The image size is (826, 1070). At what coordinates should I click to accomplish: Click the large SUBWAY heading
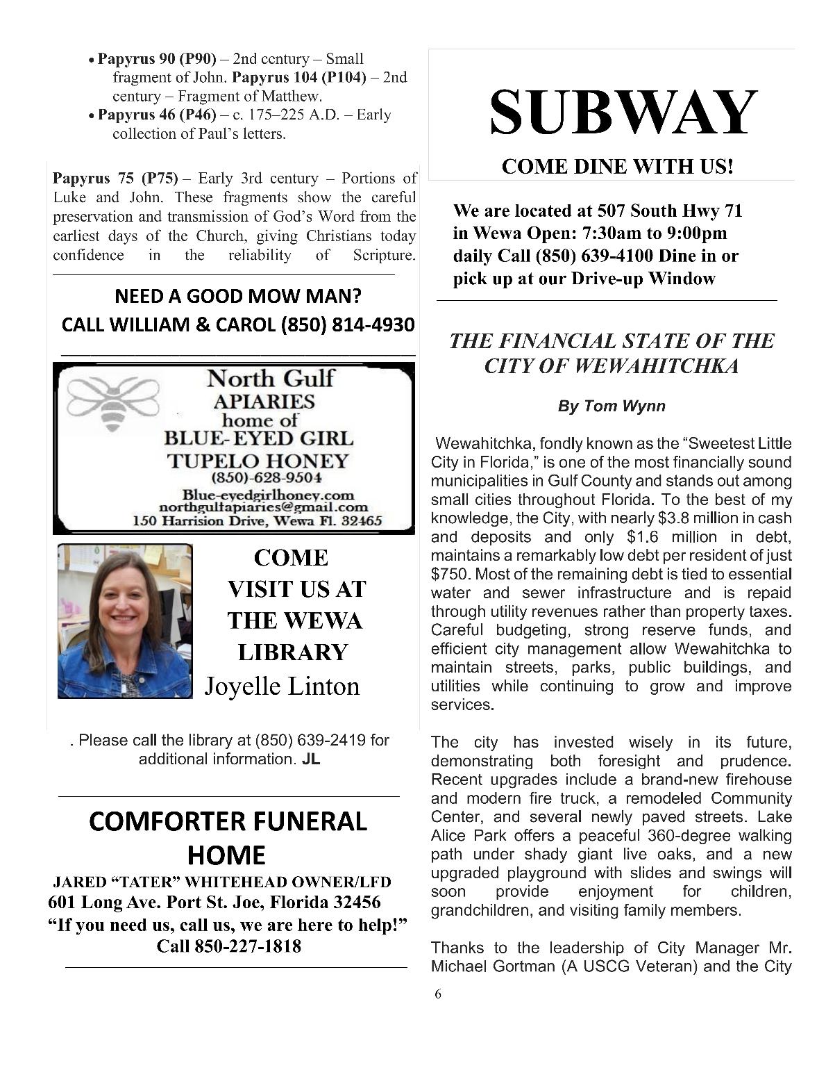coord(623,113)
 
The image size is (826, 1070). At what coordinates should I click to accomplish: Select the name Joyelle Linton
coord(282,686)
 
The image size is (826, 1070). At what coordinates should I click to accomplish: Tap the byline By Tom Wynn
coord(611,406)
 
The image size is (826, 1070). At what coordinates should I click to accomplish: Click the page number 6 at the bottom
coord(437,994)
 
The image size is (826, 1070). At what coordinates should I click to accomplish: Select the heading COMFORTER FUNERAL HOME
coord(228,838)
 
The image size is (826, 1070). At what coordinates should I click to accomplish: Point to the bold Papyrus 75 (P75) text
coord(115,179)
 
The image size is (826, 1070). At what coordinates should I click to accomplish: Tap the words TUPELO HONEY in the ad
coord(258,461)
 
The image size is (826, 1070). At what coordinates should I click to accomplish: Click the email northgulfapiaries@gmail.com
coord(263,508)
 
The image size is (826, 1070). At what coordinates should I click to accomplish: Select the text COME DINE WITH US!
coord(617,167)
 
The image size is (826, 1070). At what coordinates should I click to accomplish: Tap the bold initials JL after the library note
coord(310,759)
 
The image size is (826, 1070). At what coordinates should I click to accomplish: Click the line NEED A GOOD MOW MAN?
coord(238,297)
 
